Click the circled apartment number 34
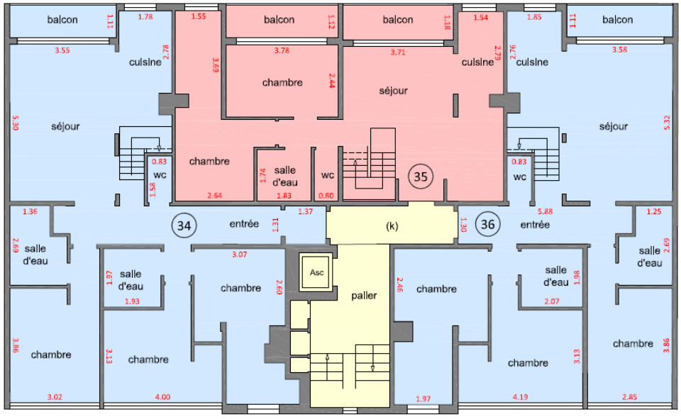coord(184,225)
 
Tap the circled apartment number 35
coord(421,177)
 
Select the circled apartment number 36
coord(488,224)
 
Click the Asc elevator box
coord(316,273)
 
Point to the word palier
coord(364,296)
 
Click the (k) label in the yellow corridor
coord(392,226)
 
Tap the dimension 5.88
coord(545,211)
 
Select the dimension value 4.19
coord(520,397)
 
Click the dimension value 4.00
coord(163,397)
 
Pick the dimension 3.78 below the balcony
coord(282,50)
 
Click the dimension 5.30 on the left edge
coord(15,123)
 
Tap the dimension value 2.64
coord(214,196)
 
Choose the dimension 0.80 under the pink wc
coord(326,196)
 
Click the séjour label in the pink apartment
coord(394,91)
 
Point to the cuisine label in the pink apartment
coord(477,62)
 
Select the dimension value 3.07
coord(239,255)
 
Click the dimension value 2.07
coord(552,301)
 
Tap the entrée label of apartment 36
coord(535,225)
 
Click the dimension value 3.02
coord(55,397)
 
